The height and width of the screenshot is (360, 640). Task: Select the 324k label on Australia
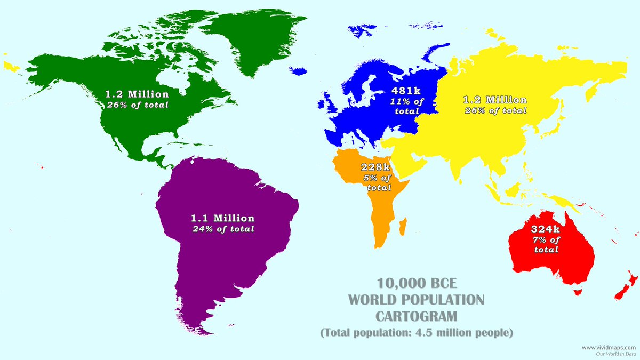546,229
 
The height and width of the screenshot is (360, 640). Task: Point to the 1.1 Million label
223,218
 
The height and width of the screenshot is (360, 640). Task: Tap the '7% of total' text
546,244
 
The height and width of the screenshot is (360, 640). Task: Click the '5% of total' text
378,182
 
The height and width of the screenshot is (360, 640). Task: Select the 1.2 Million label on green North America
137,94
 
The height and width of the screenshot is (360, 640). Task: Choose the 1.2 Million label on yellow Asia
495,100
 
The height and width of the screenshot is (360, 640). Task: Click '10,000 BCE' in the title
417,283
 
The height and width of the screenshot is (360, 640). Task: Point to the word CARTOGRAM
417,316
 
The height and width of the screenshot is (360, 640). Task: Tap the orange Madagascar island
404,225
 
